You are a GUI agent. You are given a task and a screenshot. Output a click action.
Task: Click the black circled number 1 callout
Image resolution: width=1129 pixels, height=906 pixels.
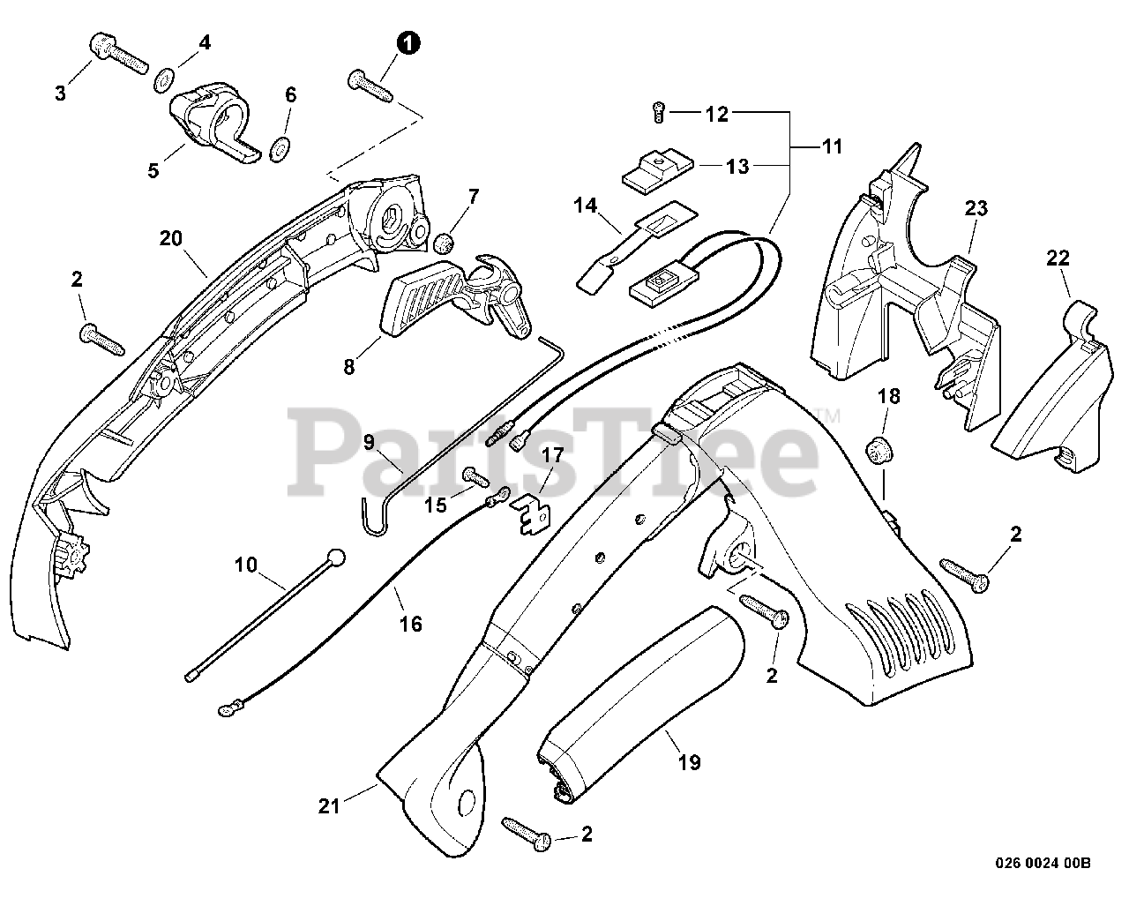(407, 41)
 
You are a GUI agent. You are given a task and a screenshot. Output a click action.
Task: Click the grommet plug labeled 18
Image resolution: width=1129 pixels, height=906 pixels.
(877, 450)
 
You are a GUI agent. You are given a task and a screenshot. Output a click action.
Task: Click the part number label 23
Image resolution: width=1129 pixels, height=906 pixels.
(976, 209)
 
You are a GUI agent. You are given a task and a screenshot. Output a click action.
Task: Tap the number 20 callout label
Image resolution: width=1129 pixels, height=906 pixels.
(171, 237)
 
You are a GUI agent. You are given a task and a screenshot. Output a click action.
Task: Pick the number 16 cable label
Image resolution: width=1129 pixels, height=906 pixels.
(411, 624)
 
